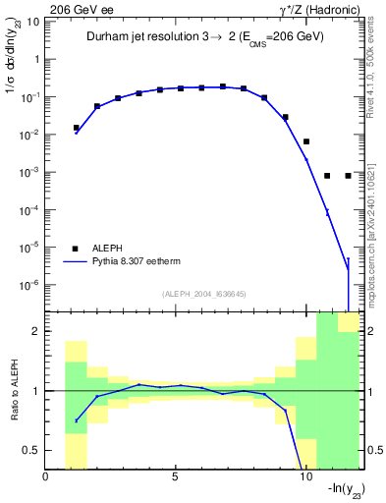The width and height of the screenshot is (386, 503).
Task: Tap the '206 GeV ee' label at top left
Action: click(x=74, y=7)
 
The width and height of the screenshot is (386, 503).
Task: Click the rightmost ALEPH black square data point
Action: click(x=348, y=176)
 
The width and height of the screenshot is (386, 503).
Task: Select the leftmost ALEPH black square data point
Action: click(x=77, y=128)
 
